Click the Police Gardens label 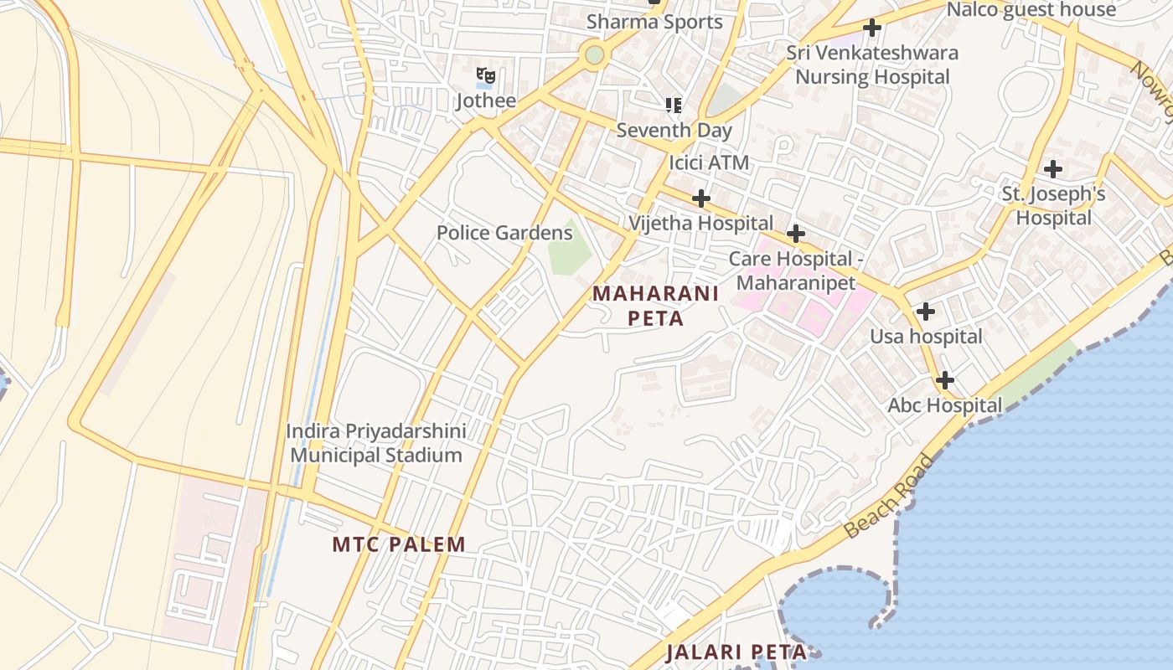pos(504,233)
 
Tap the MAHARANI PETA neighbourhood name pos(655,306)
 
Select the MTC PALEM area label pos(399,544)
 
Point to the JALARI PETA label pos(736,652)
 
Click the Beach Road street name pos(890,497)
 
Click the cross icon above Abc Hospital pos(945,380)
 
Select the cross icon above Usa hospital pos(926,312)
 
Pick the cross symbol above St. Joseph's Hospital pos(1053,169)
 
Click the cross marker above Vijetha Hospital pos(701,198)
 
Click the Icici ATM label pos(709,162)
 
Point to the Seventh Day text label pos(674,131)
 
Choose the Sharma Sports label pos(654,22)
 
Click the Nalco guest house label pos(1031,10)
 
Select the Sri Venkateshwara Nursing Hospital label pos(872,64)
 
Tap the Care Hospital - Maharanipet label pos(796,271)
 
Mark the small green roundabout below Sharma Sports pos(594,55)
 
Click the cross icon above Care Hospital pos(796,233)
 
